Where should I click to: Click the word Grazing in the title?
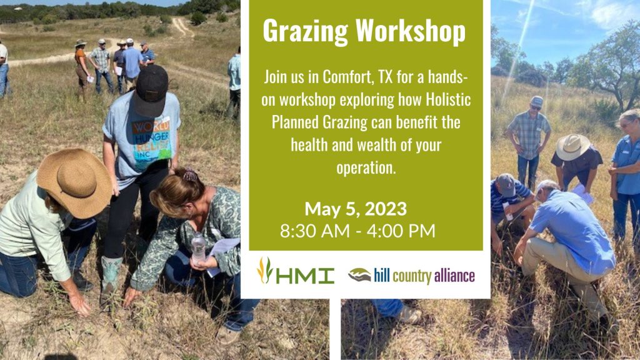tap(305, 31)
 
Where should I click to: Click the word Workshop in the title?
tap(411, 31)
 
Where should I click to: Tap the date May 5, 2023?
tap(356, 209)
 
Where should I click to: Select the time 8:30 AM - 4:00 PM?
tap(357, 231)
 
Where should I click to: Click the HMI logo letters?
tap(305, 276)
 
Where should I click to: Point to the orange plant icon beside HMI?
tap(264, 270)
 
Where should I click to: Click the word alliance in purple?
tap(454, 276)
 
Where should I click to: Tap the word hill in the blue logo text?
tap(382, 275)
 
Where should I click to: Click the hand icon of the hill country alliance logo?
tap(359, 275)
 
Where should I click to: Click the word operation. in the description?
tap(366, 167)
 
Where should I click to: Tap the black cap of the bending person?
tap(151, 90)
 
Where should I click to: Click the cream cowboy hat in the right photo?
tap(572, 146)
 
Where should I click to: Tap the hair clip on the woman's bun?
tap(189, 176)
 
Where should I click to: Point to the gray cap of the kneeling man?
tap(506, 184)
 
